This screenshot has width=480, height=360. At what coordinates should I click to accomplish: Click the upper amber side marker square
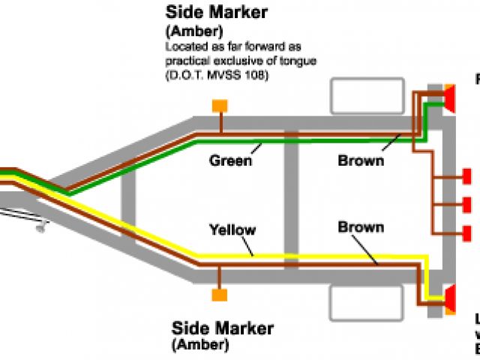click(220, 106)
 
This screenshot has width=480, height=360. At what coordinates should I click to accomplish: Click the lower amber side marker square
click(219, 295)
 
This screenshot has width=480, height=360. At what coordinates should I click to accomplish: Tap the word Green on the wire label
click(230, 160)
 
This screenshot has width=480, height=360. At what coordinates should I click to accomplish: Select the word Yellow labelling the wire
click(232, 229)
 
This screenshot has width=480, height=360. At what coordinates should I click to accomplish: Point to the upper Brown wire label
click(361, 160)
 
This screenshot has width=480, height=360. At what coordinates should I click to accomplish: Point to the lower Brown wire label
click(361, 226)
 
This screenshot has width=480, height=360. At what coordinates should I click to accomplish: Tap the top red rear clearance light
click(466, 176)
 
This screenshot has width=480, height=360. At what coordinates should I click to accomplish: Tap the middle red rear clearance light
click(466, 205)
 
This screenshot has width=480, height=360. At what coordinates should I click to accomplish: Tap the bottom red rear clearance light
click(466, 233)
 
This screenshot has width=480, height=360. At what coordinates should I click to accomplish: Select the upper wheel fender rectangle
click(358, 97)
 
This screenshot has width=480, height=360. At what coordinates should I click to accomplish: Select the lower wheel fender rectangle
click(358, 305)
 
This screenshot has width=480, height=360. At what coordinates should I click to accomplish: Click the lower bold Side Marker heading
click(223, 328)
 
